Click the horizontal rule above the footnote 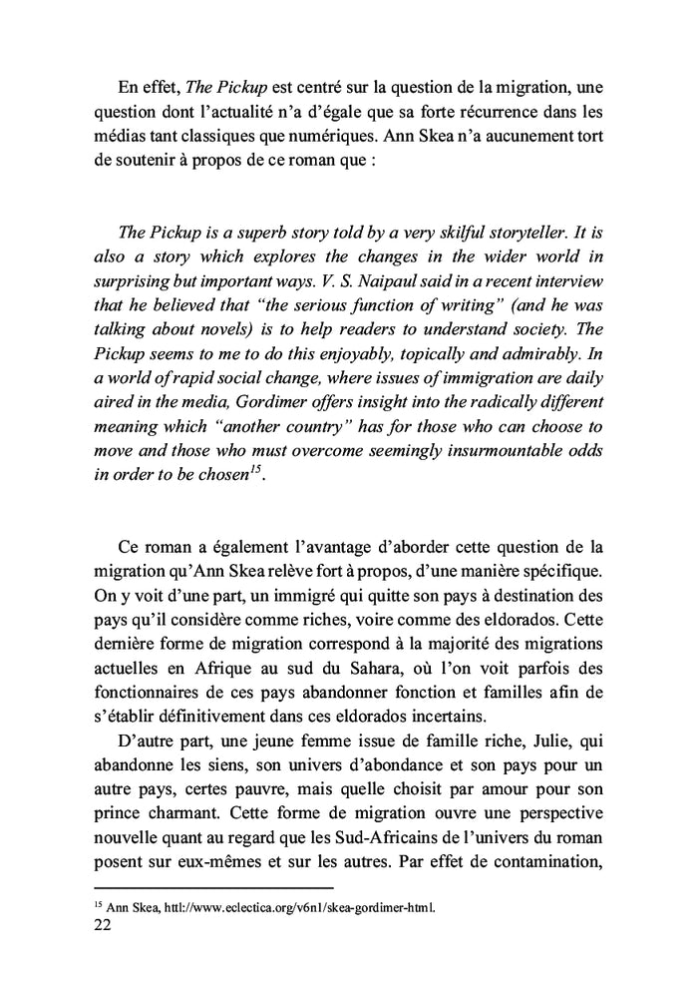[x=213, y=887]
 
